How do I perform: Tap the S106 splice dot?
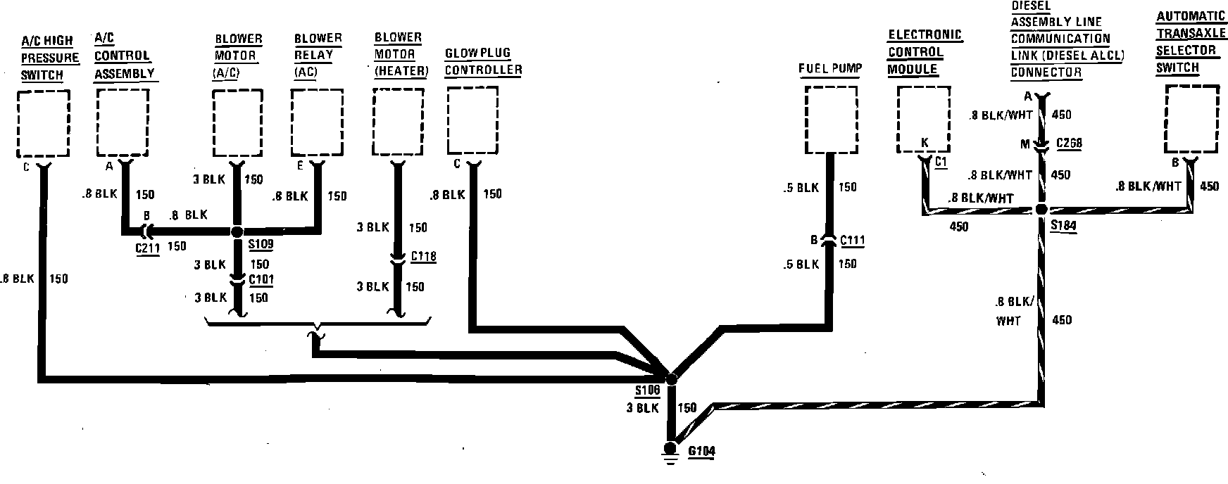[671, 378]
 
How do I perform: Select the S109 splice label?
[261, 246]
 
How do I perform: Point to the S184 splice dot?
[1041, 210]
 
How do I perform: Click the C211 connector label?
[149, 247]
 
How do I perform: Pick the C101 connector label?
[261, 280]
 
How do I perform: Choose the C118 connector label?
[423, 256]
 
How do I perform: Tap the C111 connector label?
[852, 241]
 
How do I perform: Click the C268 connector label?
[1069, 144]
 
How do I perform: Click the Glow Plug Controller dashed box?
[472, 121]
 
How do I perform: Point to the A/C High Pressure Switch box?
[43, 123]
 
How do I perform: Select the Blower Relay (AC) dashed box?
[317, 122]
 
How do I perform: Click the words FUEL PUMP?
[830, 69]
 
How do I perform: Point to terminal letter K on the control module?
[925, 144]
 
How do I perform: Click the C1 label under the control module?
[941, 162]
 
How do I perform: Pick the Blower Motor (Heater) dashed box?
[399, 123]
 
